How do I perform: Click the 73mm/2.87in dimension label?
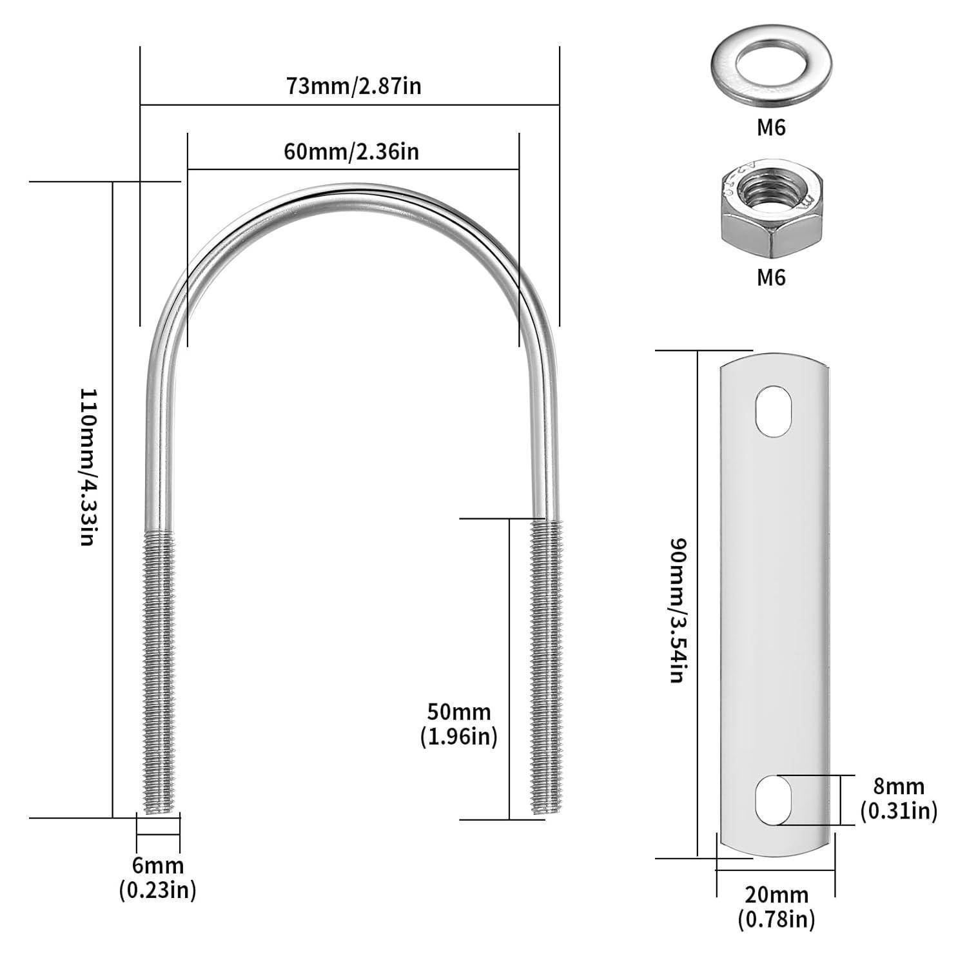tap(354, 86)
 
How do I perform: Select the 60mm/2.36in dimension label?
tap(351, 151)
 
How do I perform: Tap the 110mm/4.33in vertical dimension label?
tap(88, 467)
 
